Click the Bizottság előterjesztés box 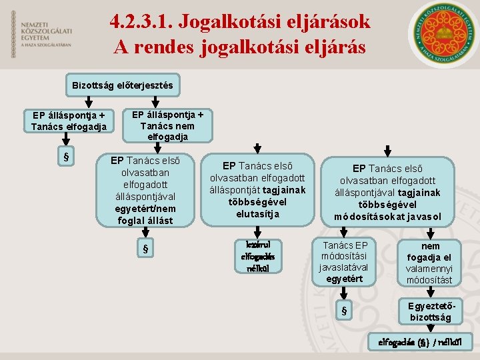(x=122, y=85)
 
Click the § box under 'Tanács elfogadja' (x=65, y=157)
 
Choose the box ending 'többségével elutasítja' (x=257, y=190)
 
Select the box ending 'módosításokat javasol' (x=387, y=192)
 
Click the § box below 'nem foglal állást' (x=145, y=250)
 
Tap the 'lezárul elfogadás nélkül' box (x=258, y=255)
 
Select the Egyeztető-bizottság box (x=430, y=311)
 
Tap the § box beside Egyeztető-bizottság (x=344, y=310)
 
